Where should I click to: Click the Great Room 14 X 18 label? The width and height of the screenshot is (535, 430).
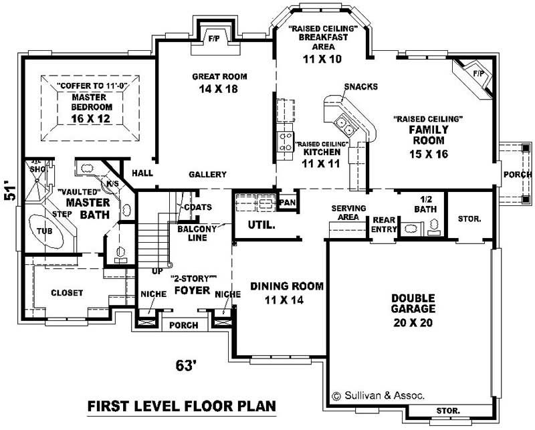coord(215,82)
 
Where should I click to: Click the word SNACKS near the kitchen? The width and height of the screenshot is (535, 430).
coord(361,86)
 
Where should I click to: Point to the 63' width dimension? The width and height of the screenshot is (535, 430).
coord(186,365)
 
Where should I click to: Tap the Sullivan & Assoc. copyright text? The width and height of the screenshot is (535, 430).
coord(378,395)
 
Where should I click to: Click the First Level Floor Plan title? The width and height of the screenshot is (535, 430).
coord(181,407)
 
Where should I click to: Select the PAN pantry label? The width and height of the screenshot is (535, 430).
coord(288,202)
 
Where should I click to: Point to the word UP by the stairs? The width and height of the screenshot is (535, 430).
coord(157,272)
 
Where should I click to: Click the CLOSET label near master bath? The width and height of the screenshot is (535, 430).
coord(67,293)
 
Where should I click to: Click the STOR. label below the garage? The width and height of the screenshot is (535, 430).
coord(447,410)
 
